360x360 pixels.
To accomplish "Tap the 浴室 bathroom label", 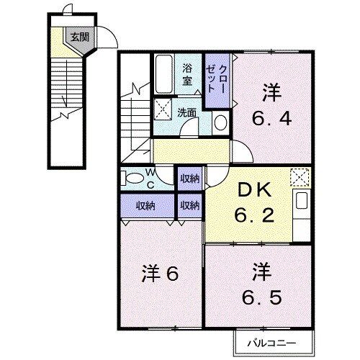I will (x=186, y=75).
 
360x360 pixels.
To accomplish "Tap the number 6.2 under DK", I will (x=253, y=215).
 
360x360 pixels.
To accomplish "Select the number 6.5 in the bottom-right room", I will (x=262, y=295).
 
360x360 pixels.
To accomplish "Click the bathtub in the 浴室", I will (x=164, y=74).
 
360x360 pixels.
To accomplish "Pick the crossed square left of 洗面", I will (x=163, y=109).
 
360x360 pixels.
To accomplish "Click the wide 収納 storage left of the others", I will (x=145, y=206).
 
